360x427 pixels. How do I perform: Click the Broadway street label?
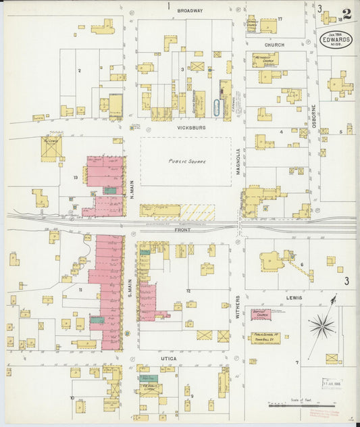[190, 11]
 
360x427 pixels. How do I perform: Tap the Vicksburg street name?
[185, 127]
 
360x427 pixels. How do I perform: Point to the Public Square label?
[186, 162]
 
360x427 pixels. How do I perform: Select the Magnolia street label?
[238, 163]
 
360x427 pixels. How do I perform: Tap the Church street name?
[274, 45]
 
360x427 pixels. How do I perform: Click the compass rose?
[322, 327]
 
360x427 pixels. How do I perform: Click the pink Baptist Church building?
[261, 314]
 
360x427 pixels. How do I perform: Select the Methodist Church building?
[265, 59]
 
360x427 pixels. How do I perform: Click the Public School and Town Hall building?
[265, 336]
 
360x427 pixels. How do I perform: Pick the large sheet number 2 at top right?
[346, 14]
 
